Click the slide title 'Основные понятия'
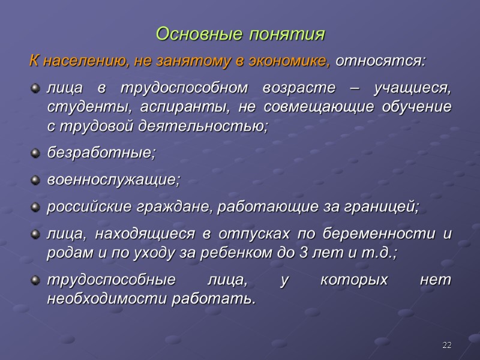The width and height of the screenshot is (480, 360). pos(240,34)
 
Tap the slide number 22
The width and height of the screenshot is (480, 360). pos(446,345)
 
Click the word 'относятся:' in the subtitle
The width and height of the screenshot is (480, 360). pos(380,61)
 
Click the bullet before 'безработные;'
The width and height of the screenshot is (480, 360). pos(35,154)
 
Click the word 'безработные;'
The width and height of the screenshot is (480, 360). pos(101,153)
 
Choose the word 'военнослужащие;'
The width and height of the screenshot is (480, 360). pos(113,180)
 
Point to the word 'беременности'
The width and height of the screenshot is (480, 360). pos(391,234)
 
